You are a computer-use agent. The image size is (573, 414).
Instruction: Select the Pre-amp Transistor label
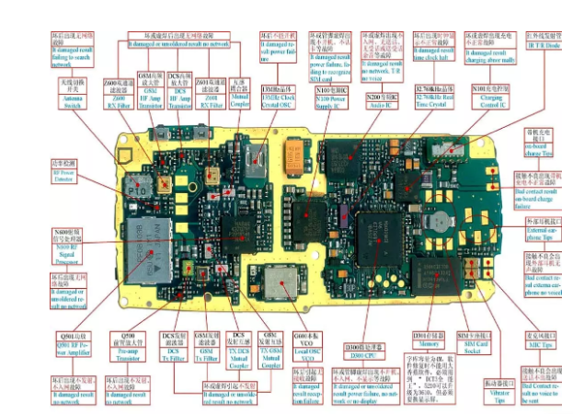131,346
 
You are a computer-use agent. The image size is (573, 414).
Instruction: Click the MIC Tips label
543,340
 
